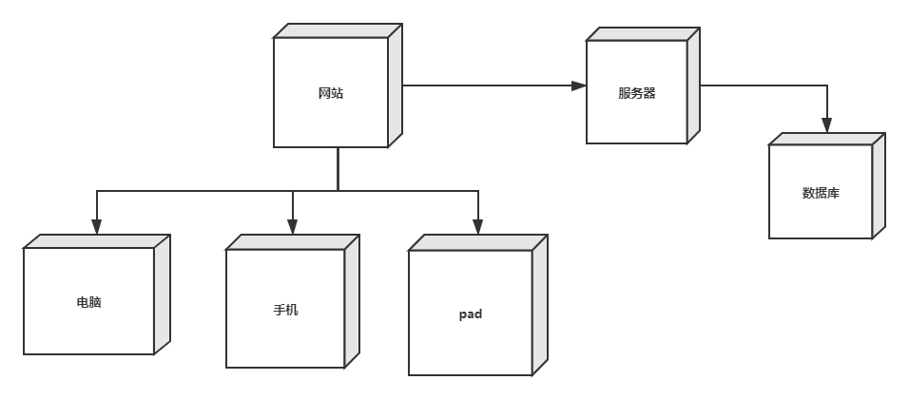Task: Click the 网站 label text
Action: pos(331,93)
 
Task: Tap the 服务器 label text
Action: pos(636,93)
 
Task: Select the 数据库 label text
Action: pos(821,193)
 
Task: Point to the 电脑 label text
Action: pos(88,302)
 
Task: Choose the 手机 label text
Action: pos(285,310)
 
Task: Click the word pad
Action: pos(470,313)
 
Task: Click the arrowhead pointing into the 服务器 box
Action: pos(579,86)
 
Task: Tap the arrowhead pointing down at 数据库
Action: pos(826,124)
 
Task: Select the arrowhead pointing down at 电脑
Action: pos(96,226)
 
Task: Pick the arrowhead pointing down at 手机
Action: pos(292,226)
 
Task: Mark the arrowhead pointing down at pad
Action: pos(477,226)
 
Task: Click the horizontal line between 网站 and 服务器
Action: pos(485,86)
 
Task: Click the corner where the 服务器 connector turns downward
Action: pos(826,86)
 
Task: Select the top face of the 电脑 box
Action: pos(96,241)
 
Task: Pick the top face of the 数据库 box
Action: pos(826,139)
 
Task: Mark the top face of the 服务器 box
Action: pos(642,34)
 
